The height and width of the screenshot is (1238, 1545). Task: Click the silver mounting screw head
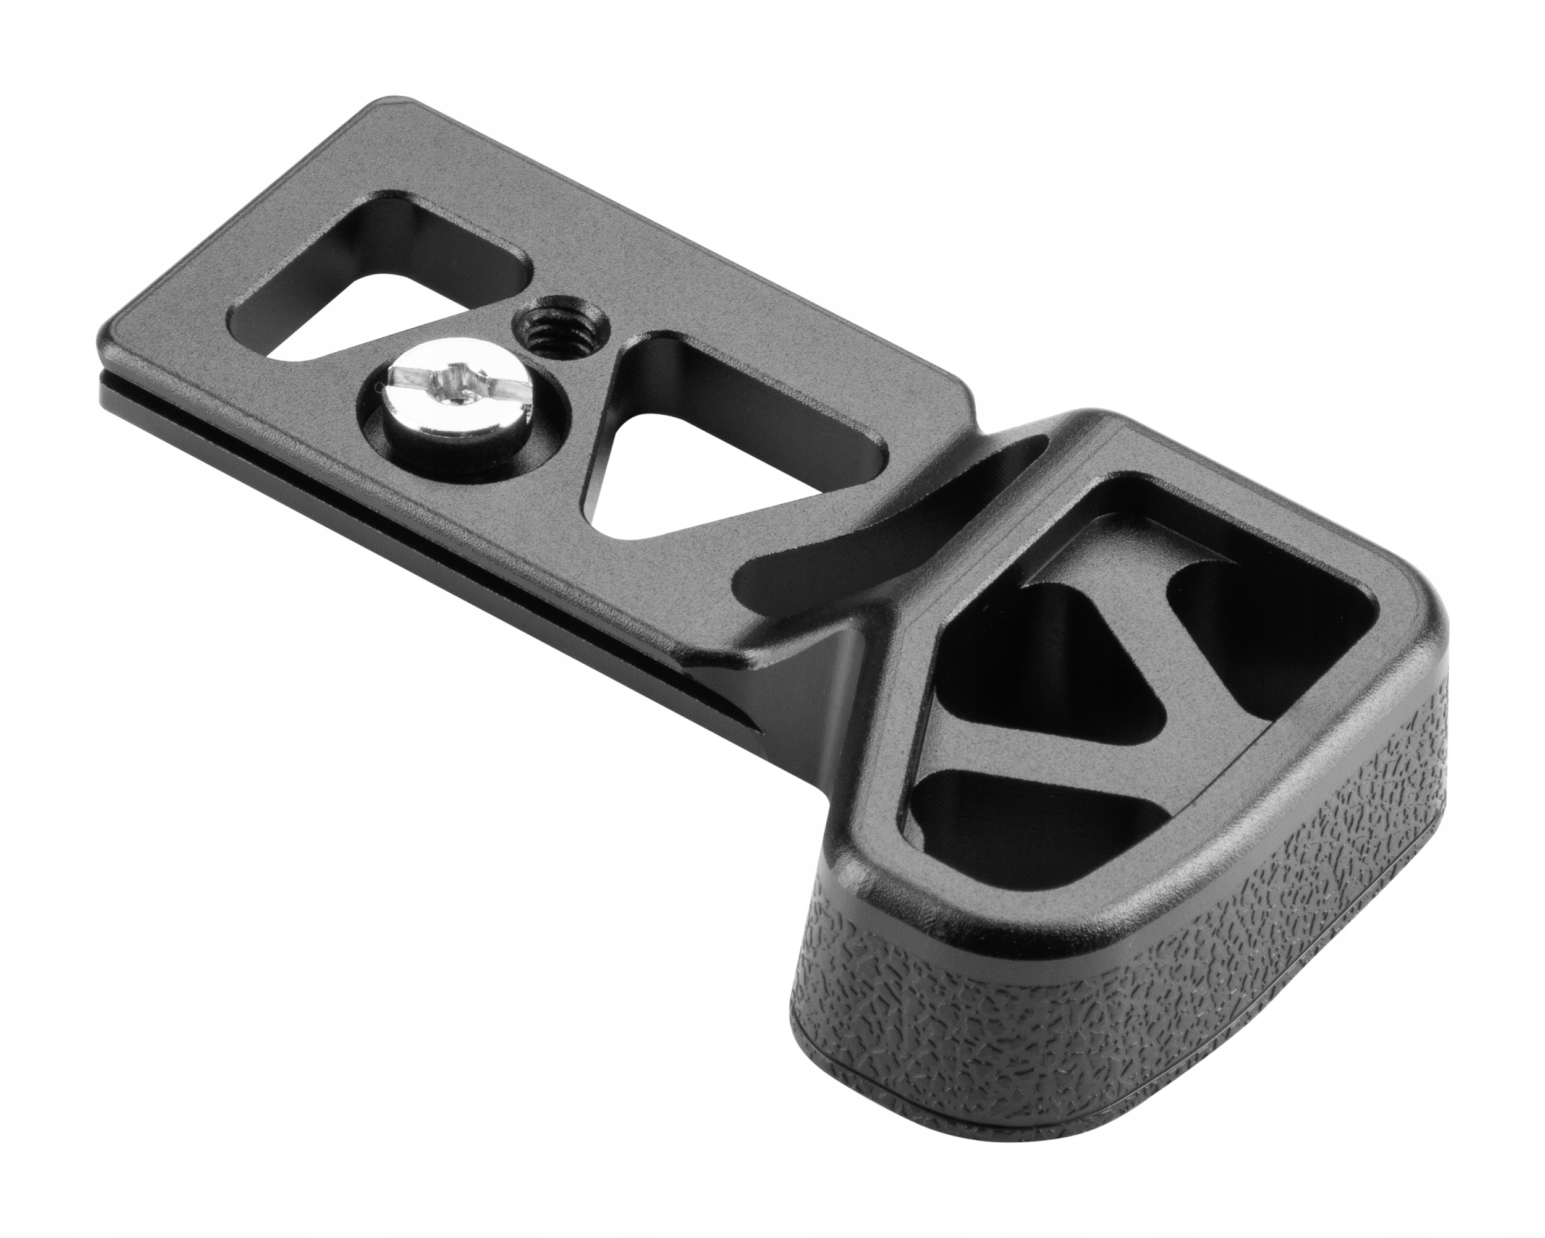450,401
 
